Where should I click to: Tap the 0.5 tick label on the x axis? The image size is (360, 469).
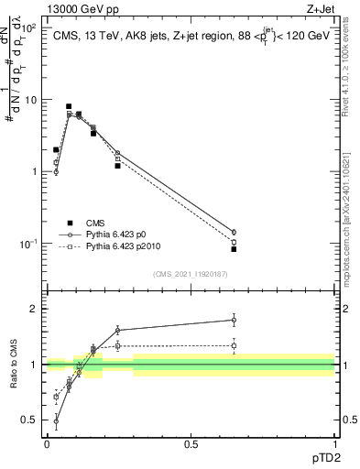(x=191, y=444)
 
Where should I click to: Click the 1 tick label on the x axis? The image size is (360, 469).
(x=334, y=444)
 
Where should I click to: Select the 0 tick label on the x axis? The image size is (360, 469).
(x=47, y=444)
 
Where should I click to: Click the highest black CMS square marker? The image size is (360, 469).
(x=69, y=106)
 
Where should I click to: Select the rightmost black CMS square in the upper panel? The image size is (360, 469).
(x=234, y=249)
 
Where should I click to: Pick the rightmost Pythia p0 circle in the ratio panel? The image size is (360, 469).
(x=234, y=320)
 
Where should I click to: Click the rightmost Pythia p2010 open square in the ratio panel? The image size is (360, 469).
(x=234, y=345)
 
